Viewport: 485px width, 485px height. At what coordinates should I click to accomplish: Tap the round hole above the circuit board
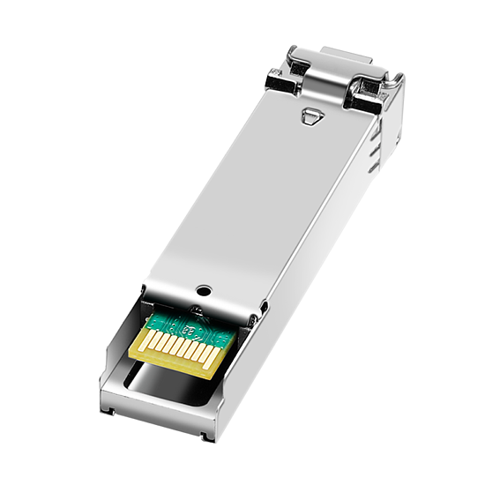click(205, 288)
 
